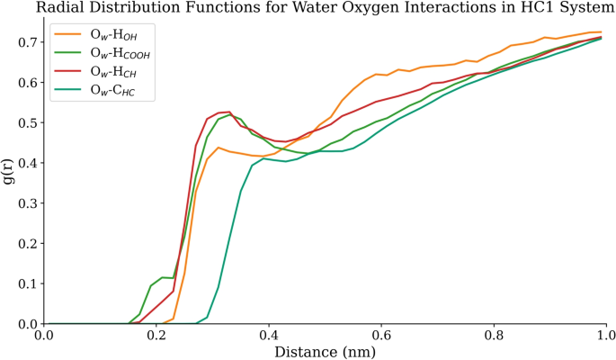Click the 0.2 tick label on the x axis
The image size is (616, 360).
(x=156, y=336)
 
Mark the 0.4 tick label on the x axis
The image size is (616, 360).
(x=268, y=336)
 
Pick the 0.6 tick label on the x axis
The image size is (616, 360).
(x=380, y=336)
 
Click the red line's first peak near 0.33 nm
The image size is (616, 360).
(x=229, y=112)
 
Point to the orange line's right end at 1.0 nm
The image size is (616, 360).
(x=601, y=32)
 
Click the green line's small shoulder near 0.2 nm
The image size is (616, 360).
(x=162, y=278)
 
